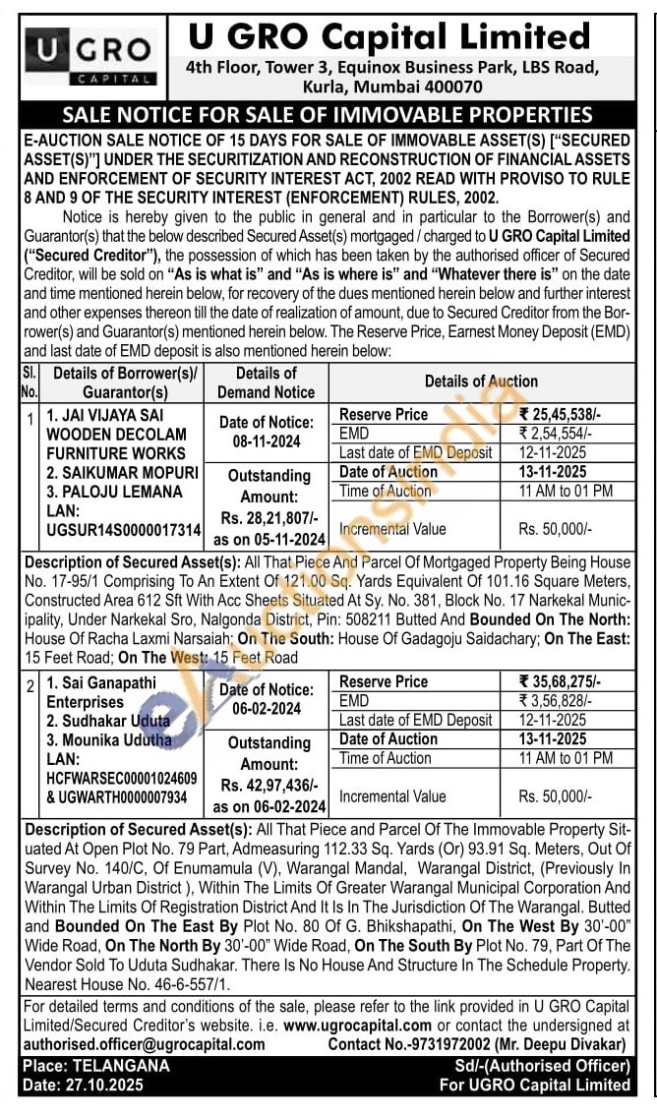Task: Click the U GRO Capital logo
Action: (90, 56)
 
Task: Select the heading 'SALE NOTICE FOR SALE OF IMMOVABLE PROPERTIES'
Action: (328, 115)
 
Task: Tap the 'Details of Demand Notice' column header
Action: (266, 382)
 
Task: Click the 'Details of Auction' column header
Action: (481, 381)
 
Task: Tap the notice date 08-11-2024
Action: (267, 441)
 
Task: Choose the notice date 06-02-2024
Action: (267, 708)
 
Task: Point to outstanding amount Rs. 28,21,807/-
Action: (268, 520)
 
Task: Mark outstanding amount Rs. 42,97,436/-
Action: (268, 787)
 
